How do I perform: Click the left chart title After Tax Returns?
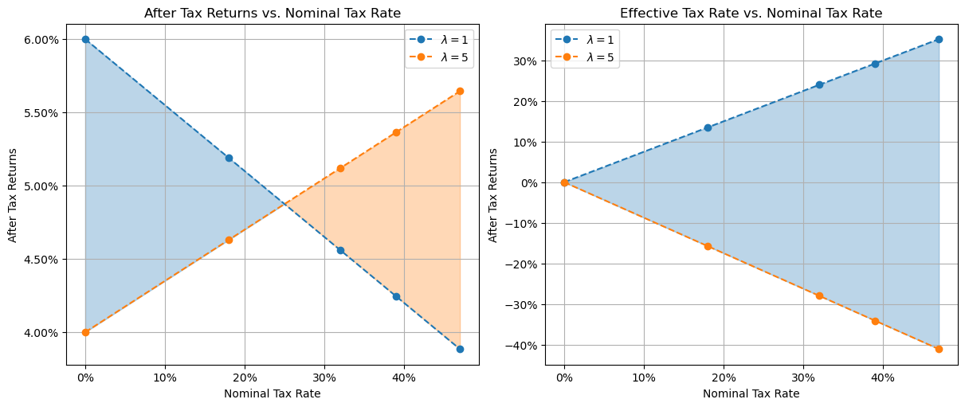coord(272,13)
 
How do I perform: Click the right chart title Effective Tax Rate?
coord(750,13)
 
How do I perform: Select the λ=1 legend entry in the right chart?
coord(586,40)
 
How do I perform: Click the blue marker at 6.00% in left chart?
coord(85,39)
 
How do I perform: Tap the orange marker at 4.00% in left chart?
coord(85,332)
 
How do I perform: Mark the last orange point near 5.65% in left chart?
coord(460,91)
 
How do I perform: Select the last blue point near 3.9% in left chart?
coord(460,349)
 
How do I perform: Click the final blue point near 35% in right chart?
coord(939,39)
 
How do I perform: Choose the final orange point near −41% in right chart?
coord(939,349)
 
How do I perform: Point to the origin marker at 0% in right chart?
coord(564,182)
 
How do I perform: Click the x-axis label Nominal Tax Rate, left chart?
coord(272,393)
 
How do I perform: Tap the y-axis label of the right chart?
coord(493,194)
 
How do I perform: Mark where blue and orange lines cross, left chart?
coord(284,204)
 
